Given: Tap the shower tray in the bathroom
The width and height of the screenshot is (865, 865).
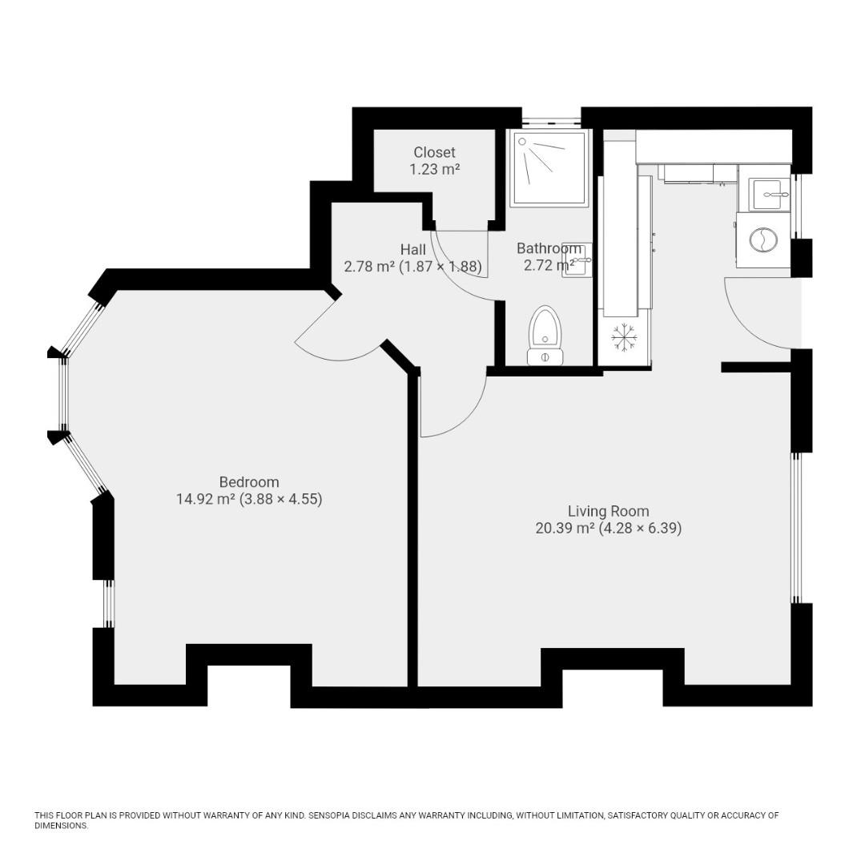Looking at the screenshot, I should tap(549, 167).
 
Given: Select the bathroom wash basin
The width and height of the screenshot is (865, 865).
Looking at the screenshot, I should tap(577, 260).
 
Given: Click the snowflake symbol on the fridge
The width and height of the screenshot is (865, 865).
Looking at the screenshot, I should tap(624, 338).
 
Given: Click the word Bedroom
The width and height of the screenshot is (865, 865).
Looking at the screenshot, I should tap(249, 482).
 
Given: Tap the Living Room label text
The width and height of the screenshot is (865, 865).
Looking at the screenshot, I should tap(608, 511).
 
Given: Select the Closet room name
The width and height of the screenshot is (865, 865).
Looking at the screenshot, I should tap(434, 152).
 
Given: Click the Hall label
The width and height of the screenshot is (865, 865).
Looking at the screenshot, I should tap(412, 250).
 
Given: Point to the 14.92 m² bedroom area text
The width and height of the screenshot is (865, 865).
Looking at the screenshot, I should tap(205, 500).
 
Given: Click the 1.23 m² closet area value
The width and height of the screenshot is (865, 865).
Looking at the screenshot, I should tap(434, 170).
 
